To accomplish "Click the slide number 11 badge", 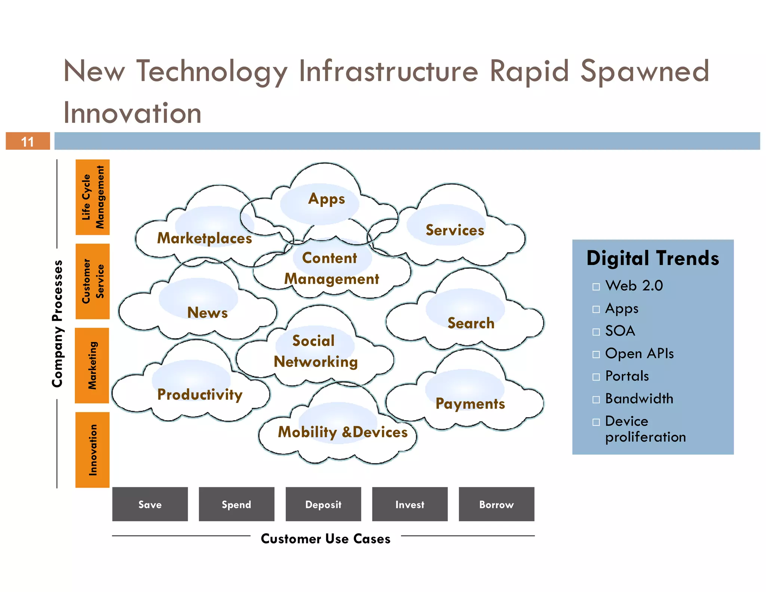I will click(28, 141).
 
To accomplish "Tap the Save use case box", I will click(150, 504).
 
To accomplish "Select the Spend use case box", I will click(236, 504).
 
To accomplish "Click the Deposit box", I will click(323, 504).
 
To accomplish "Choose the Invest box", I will click(410, 504).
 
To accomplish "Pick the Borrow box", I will click(496, 504).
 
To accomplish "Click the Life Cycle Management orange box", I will click(92, 197).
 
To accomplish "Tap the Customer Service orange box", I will click(92, 281).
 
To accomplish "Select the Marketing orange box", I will click(92, 365).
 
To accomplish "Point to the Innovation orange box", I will click(92, 449).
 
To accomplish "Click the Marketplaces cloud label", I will click(204, 238).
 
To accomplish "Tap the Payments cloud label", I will click(470, 403).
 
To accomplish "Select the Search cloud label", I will click(471, 323).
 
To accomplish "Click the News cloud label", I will click(207, 312).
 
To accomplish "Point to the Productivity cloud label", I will click(200, 394).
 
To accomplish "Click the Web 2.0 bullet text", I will click(634, 286).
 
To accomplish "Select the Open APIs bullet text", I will click(639, 354).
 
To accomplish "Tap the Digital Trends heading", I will click(653, 258).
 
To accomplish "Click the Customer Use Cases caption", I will click(325, 538).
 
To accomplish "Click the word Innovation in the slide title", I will click(132, 113).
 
